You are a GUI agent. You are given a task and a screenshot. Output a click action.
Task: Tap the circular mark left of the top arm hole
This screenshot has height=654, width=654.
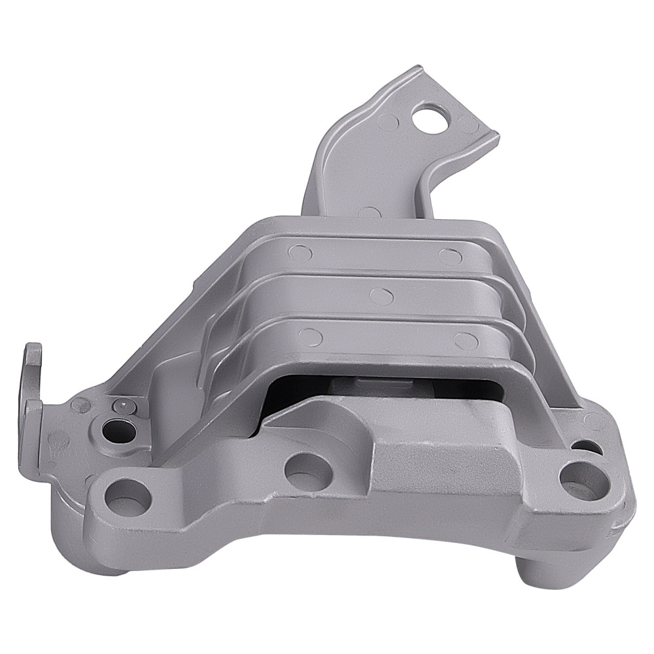click(387, 121)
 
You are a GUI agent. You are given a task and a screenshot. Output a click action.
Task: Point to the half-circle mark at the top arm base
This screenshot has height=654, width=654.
click(370, 213)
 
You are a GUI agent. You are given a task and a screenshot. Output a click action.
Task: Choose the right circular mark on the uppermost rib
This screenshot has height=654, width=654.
click(451, 256)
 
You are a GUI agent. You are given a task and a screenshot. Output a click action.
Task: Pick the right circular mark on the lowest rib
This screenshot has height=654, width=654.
click(466, 341)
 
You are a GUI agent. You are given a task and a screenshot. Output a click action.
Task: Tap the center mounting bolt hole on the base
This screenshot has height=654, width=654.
click(305, 468)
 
